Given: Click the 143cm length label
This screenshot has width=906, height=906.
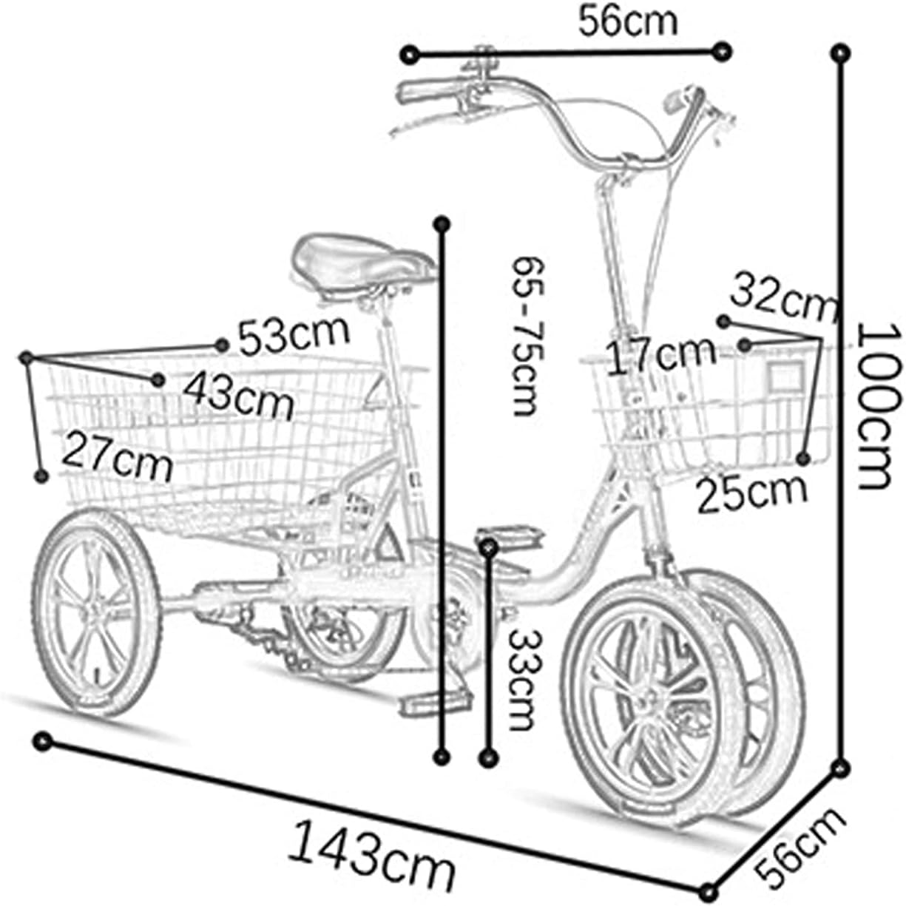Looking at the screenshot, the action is [371, 843].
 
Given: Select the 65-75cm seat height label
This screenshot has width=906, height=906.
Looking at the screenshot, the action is [528, 337].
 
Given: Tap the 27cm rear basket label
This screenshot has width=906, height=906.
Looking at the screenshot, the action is [118, 456].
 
